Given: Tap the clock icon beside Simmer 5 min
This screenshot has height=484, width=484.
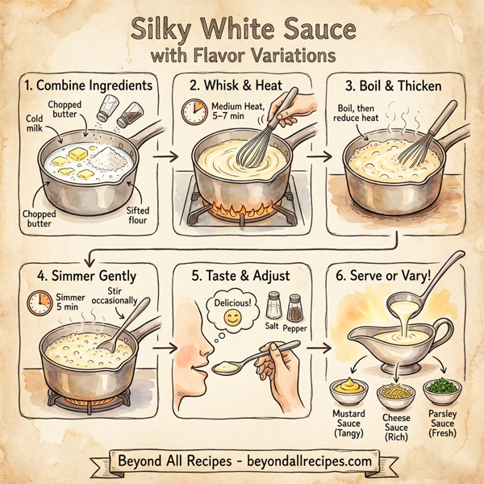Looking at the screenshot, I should (x=35, y=303).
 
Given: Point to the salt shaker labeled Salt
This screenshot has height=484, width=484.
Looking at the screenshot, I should (x=274, y=306).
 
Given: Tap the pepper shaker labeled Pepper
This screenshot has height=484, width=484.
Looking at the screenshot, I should (x=295, y=307).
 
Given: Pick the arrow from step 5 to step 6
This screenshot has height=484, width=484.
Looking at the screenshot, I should (x=318, y=349).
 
